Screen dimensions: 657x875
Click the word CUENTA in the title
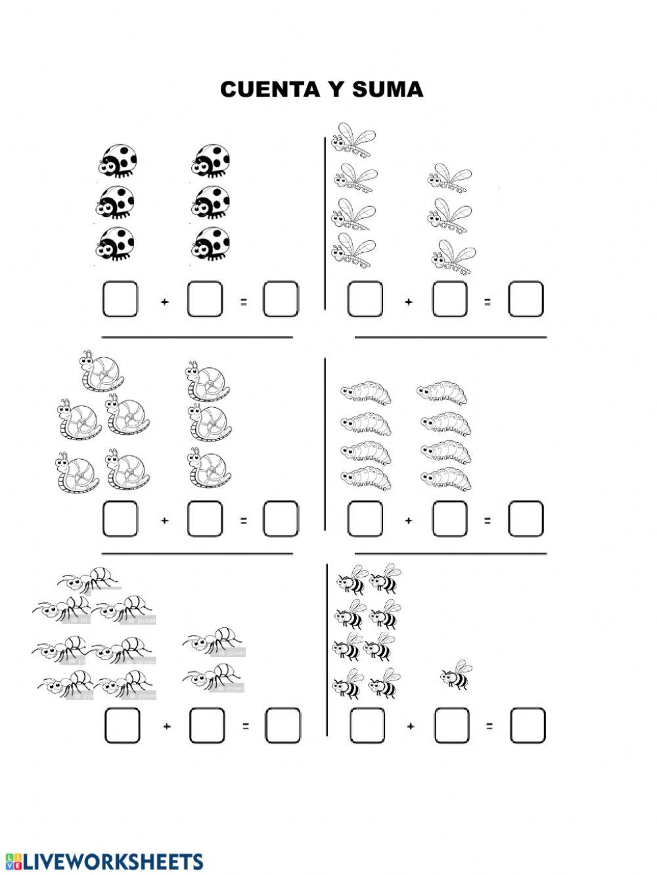click(x=270, y=89)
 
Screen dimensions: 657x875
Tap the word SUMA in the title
click(x=388, y=89)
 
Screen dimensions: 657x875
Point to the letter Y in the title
click(x=336, y=89)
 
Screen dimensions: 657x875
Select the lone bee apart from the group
click(x=456, y=675)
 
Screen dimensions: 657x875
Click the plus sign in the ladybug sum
click(x=165, y=302)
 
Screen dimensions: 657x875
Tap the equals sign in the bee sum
click(x=489, y=727)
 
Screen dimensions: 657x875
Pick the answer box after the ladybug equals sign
click(x=281, y=299)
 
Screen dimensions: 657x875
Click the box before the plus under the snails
click(x=120, y=518)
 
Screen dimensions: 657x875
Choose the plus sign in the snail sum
click(x=165, y=521)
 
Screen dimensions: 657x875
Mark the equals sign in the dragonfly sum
click(x=487, y=302)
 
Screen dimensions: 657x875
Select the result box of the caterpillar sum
click(x=526, y=518)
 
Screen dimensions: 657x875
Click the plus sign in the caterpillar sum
click(x=408, y=521)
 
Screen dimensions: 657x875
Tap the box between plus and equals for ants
click(x=207, y=725)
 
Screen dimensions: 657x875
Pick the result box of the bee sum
click(x=528, y=725)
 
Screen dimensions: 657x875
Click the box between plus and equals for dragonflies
click(x=449, y=299)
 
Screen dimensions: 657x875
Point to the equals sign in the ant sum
click(x=246, y=727)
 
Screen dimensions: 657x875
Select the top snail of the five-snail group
click(x=102, y=372)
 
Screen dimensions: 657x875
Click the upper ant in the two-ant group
click(x=214, y=641)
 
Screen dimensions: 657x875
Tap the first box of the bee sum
click(x=367, y=725)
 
